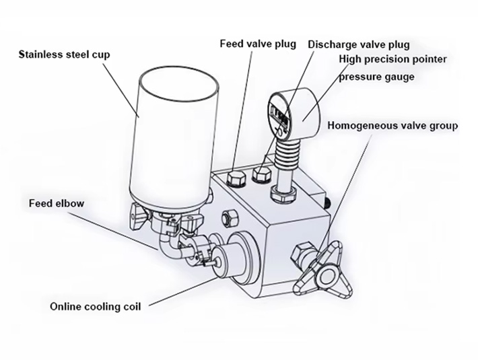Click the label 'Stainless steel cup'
[x=65, y=54]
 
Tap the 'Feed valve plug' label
[x=258, y=44]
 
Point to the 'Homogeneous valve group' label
[x=393, y=125]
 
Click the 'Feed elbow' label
[x=57, y=203]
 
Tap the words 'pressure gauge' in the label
[x=376, y=77]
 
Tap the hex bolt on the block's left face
[x=228, y=219]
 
